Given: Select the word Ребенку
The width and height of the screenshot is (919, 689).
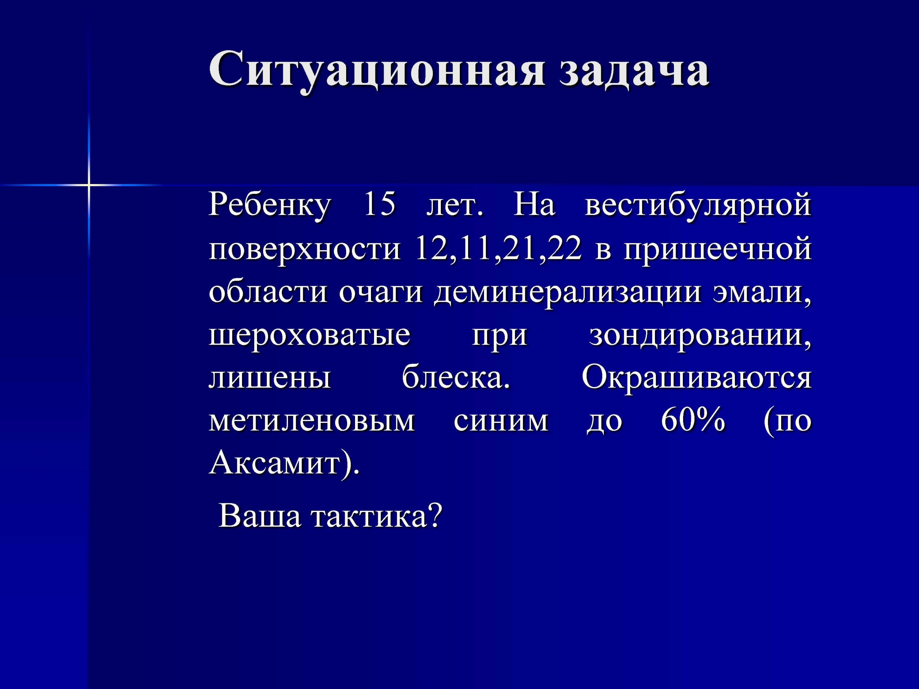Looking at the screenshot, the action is point(270,206).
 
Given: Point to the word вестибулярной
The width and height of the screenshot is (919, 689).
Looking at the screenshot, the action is point(698,206).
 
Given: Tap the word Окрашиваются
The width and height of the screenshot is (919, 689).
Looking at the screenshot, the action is point(696,379).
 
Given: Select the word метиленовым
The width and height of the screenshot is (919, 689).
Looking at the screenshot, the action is point(311,422).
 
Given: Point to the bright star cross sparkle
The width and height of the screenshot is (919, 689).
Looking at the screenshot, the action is point(88,184).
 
